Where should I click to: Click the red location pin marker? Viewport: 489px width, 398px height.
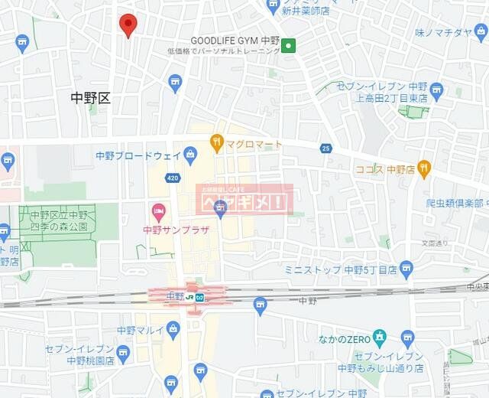128,25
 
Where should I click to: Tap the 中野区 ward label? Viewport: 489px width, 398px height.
91,97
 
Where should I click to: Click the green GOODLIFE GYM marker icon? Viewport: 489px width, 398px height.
288,46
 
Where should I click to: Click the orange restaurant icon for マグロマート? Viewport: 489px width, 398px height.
217,142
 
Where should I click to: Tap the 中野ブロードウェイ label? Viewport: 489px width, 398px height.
138,156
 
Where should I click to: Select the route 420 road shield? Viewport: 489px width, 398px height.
173,178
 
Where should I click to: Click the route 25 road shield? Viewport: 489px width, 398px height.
326,148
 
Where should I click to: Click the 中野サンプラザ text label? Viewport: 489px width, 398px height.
176,229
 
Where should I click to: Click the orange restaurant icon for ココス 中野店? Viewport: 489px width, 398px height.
424,168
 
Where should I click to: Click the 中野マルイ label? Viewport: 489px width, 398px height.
138,331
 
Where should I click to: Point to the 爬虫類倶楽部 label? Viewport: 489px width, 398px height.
455,204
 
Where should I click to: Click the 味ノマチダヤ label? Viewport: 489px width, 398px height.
444,32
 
